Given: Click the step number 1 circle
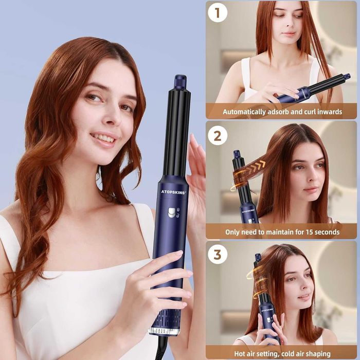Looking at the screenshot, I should click(x=218, y=13).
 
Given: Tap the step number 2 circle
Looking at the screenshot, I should click(x=218, y=136).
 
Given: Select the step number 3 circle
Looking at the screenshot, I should click(x=218, y=255).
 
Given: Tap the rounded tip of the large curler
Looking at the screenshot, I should click(x=180, y=82).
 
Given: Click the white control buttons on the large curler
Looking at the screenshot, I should click(x=172, y=212).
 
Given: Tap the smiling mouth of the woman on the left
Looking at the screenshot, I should click(x=104, y=138).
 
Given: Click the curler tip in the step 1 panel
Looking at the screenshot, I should click(x=347, y=77).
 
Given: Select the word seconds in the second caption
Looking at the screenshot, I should click(x=325, y=232).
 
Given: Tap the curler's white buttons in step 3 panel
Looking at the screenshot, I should click(x=267, y=319).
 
